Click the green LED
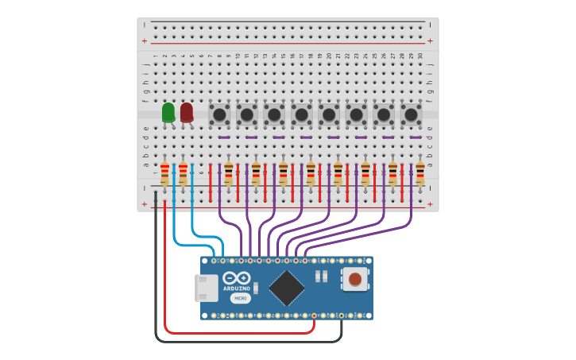(x=168, y=113)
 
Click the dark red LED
(x=187, y=113)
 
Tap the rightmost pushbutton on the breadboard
(x=411, y=114)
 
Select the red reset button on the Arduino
(x=355, y=279)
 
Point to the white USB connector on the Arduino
(x=207, y=288)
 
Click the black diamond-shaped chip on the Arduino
(x=287, y=288)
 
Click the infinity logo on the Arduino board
(x=237, y=278)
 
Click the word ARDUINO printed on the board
(x=237, y=288)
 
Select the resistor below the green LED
(x=164, y=173)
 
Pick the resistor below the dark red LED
(x=183, y=173)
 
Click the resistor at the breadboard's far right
(x=419, y=173)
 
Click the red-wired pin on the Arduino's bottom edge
(x=314, y=316)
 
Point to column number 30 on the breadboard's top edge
(x=420, y=56)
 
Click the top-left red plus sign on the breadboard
(x=145, y=41)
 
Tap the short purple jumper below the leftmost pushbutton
(x=224, y=137)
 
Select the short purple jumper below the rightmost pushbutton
(x=416, y=137)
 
